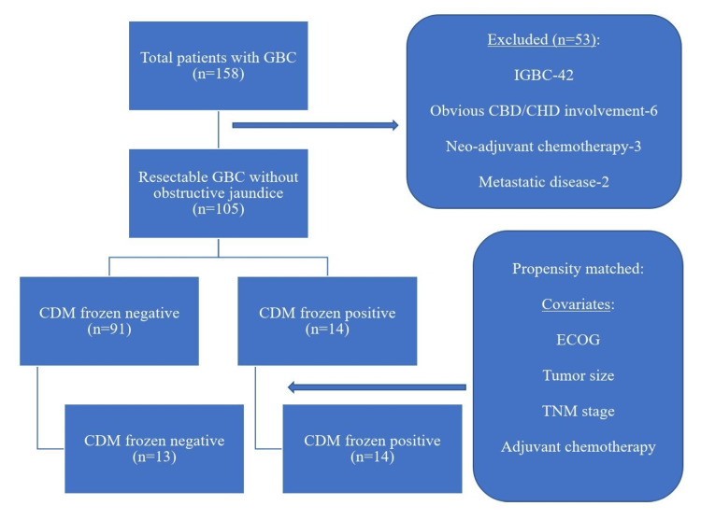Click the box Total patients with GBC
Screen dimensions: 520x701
(218, 64)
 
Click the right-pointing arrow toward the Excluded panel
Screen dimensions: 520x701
(314, 125)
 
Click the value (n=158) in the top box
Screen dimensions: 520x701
(218, 74)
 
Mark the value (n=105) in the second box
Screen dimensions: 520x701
(218, 211)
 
